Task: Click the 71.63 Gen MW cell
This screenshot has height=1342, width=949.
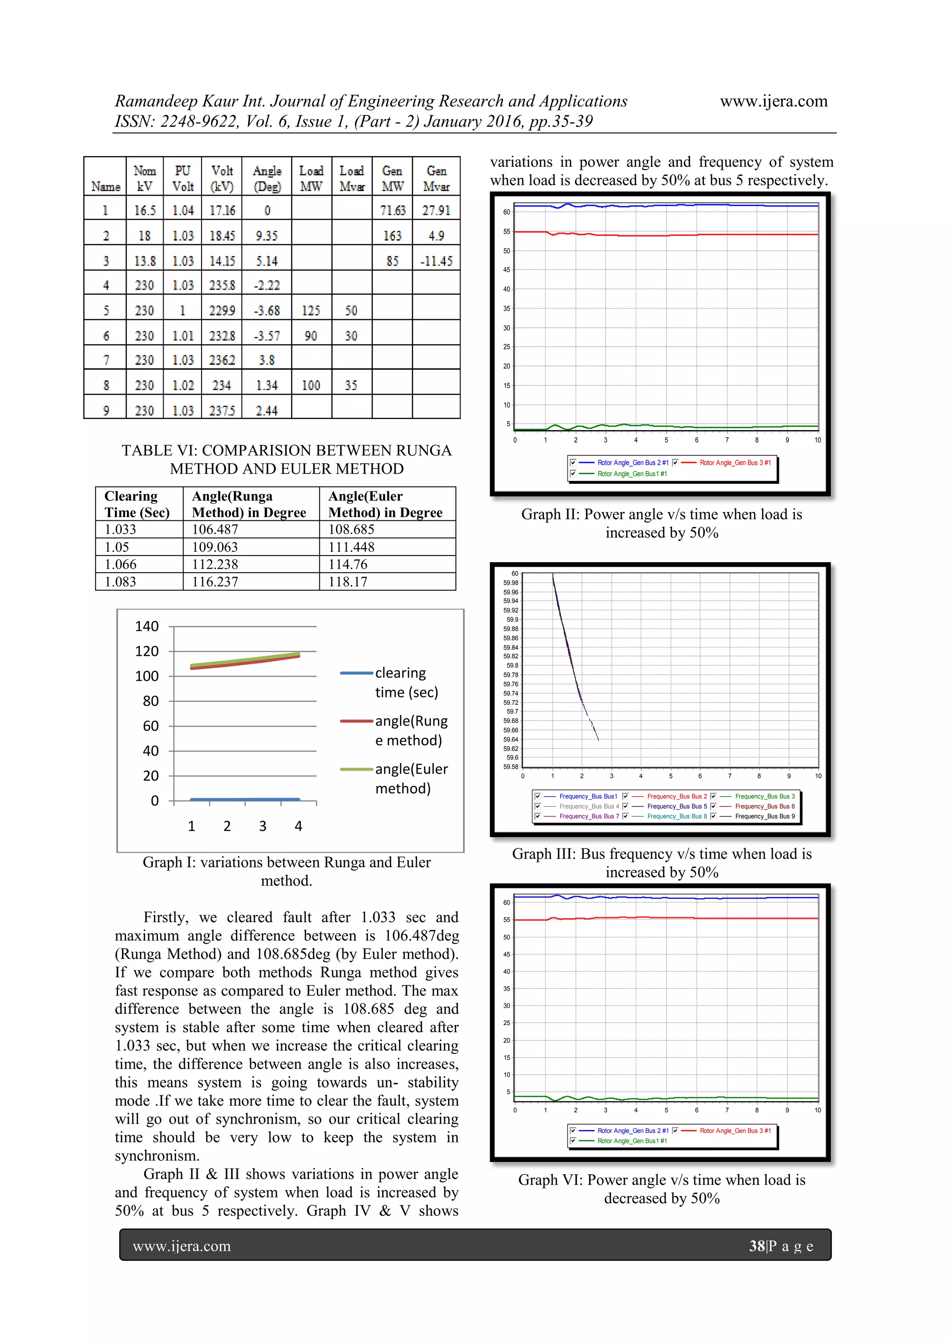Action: point(392,210)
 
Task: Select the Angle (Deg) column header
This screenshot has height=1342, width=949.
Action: point(267,178)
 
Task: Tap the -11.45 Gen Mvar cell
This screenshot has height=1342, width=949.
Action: point(436,261)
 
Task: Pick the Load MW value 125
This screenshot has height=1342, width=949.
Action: point(311,310)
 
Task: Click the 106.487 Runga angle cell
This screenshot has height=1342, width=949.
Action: point(214,530)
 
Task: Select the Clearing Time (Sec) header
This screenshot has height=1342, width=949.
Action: point(137,504)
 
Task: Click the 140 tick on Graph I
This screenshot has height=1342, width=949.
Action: point(147,627)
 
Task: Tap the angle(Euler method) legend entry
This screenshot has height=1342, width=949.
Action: point(411,779)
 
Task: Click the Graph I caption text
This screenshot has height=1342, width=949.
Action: point(286,871)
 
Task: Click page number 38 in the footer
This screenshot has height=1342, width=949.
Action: point(757,1246)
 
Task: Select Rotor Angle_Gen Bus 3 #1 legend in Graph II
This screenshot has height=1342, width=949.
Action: point(734,462)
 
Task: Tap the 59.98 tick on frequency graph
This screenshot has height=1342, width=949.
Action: point(511,583)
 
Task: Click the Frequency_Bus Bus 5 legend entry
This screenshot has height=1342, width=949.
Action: point(677,806)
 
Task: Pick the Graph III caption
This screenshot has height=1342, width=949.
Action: point(662,863)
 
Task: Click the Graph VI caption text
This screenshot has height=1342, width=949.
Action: point(662,1189)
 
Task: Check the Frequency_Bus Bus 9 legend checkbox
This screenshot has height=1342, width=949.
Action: point(713,816)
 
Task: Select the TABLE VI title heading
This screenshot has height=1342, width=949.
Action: point(286,459)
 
